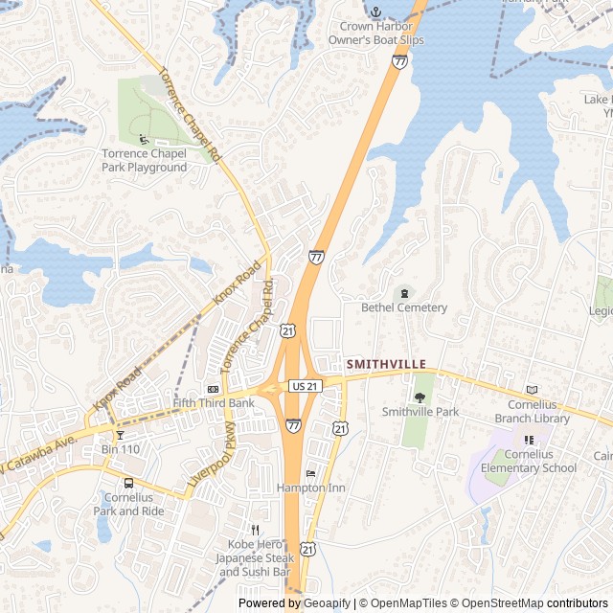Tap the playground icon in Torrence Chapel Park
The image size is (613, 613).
pyautogui.click(x=143, y=140)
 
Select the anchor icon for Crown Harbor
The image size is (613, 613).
pyautogui.click(x=376, y=11)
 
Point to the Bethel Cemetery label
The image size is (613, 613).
pyautogui.click(x=404, y=307)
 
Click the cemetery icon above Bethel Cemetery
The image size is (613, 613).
pyautogui.click(x=404, y=293)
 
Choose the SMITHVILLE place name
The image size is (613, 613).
pyautogui.click(x=385, y=364)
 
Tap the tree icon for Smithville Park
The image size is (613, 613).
pyautogui.click(x=420, y=397)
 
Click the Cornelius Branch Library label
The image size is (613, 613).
pyautogui.click(x=533, y=412)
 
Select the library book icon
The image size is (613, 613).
pyautogui.click(x=533, y=390)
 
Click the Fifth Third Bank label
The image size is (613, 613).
pyautogui.click(x=213, y=403)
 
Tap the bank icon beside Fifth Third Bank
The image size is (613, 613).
pyautogui.click(x=213, y=389)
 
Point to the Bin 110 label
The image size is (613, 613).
pyautogui.click(x=121, y=449)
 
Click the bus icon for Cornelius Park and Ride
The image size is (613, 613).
pyautogui.click(x=128, y=483)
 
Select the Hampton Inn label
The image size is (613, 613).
pyautogui.click(x=310, y=488)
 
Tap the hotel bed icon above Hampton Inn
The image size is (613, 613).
pyautogui.click(x=310, y=473)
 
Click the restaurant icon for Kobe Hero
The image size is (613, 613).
pyautogui.click(x=255, y=529)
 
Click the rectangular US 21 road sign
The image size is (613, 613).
pyautogui.click(x=304, y=385)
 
